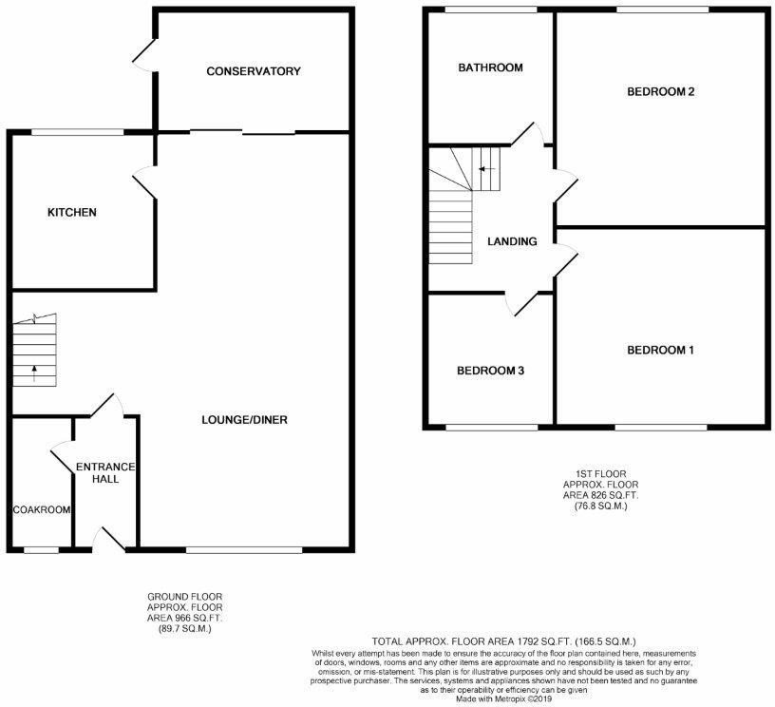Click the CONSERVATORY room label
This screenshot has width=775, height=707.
point(253,71)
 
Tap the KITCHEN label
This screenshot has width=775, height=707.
point(71,212)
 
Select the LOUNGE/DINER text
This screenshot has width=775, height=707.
point(244,420)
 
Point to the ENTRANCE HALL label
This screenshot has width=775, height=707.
point(105,472)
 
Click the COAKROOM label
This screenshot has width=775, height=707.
point(42,509)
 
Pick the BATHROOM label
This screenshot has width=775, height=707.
point(490,67)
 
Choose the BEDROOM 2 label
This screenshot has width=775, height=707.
point(661,91)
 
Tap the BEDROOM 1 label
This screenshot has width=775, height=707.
point(660,350)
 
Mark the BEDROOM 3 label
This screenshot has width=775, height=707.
point(490,371)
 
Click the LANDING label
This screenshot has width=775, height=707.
point(512,241)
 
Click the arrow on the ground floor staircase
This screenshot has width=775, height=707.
point(34,373)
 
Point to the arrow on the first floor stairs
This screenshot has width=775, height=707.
point(487,169)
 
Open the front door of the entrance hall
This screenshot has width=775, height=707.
point(109,539)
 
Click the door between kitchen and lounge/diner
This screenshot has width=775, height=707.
point(145,182)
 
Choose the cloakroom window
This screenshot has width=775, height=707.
point(42,549)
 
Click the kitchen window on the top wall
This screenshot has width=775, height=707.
point(78,132)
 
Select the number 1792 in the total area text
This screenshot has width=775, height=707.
point(529,641)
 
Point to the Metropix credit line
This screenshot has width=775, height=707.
point(503,699)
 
